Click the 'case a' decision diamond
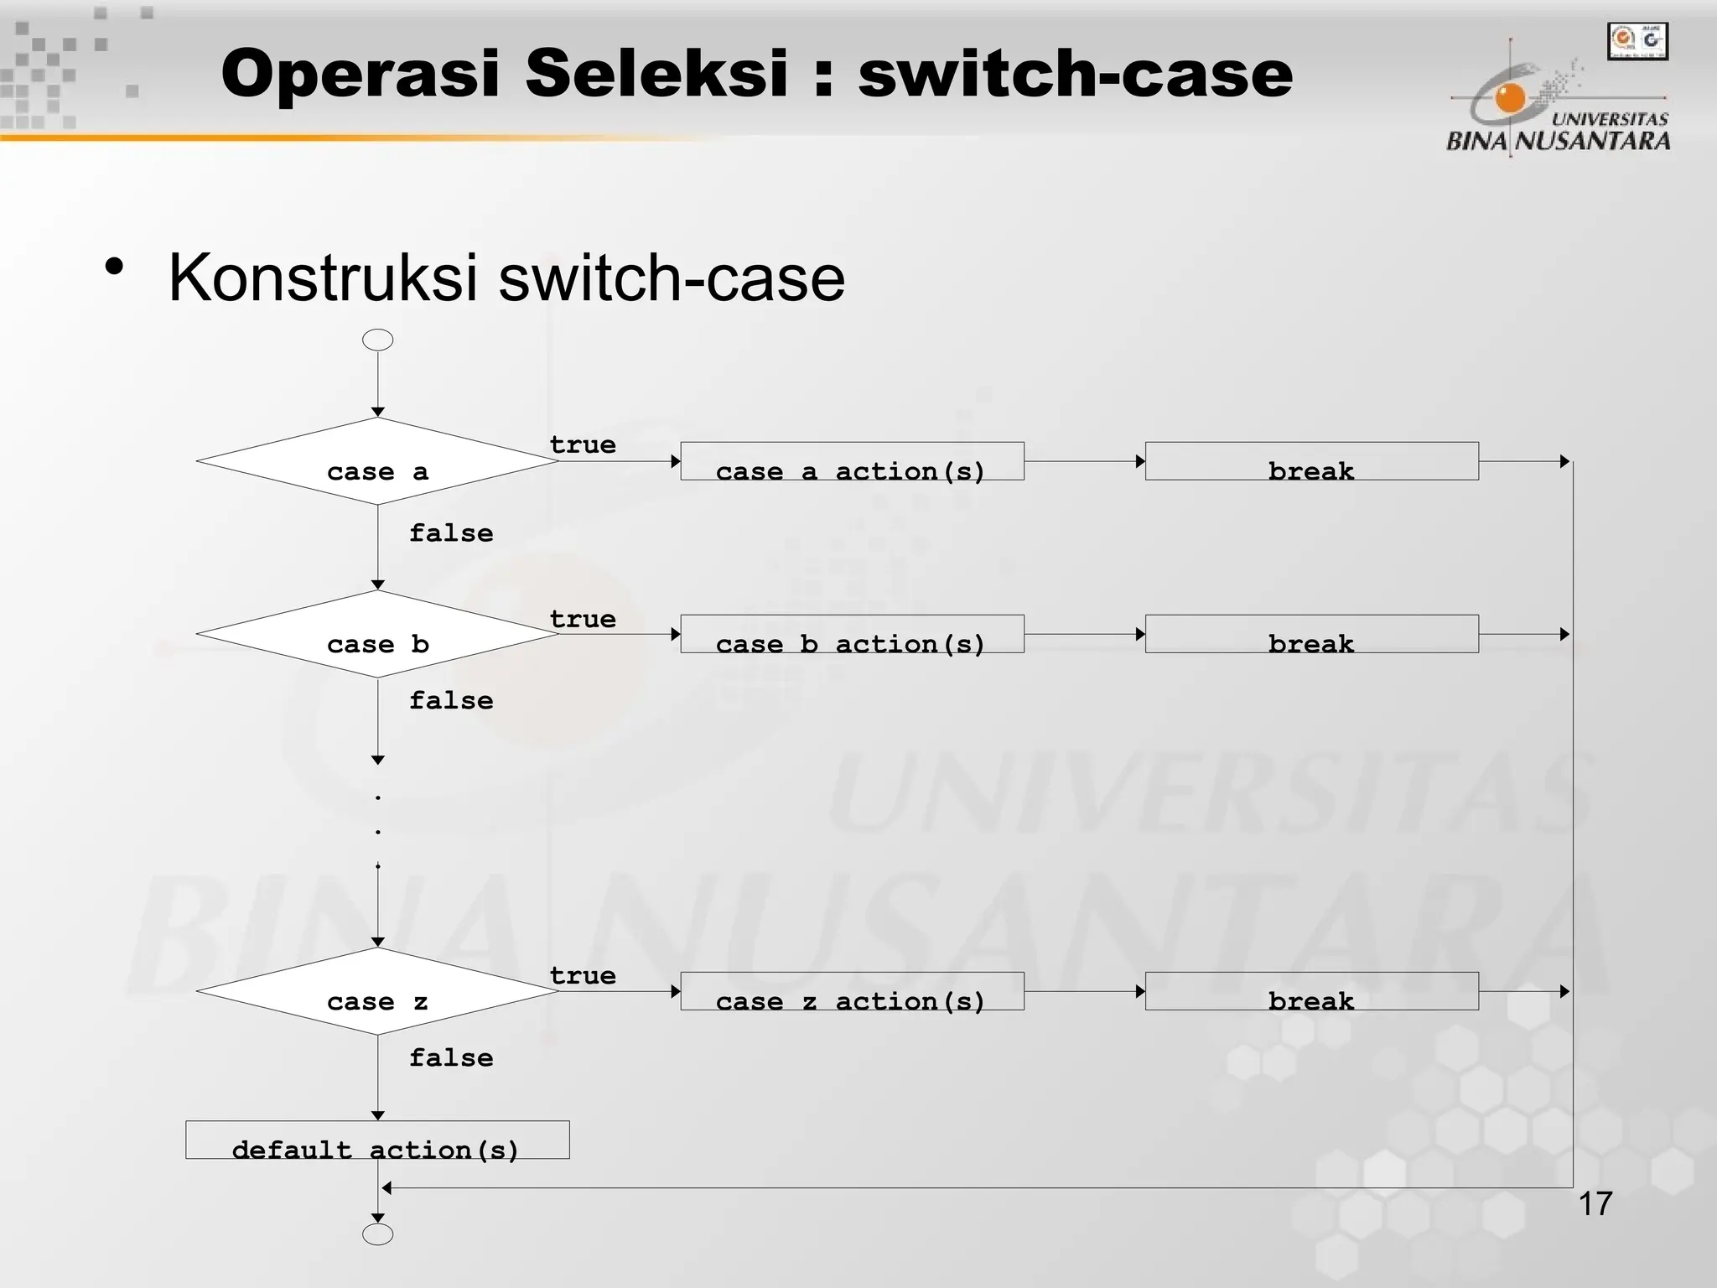tap(377, 462)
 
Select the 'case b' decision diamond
tap(377, 635)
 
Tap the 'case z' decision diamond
tap(377, 992)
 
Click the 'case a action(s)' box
tap(852, 462)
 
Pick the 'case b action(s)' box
tap(852, 635)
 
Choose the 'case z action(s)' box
tap(852, 992)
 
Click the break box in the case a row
tap(1311, 462)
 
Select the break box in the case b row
tap(1311, 635)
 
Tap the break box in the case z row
tap(1311, 992)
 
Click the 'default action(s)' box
tap(377, 1140)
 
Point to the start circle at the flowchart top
tap(377, 340)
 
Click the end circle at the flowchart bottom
tap(377, 1234)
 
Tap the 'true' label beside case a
tap(583, 445)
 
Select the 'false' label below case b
tap(451, 701)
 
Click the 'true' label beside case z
tap(583, 976)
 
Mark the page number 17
tap(1595, 1204)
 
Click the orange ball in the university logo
tap(1510, 99)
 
